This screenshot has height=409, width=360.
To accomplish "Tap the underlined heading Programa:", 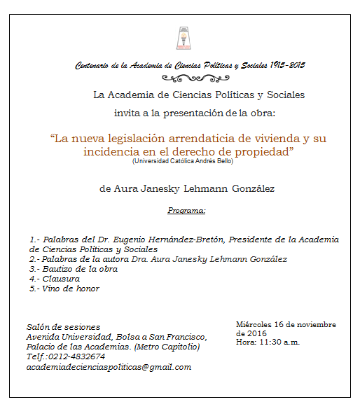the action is [187, 210].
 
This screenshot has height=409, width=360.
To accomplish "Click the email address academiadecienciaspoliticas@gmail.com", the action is [109, 367].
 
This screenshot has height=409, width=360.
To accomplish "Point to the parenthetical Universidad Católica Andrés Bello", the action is [181, 161].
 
